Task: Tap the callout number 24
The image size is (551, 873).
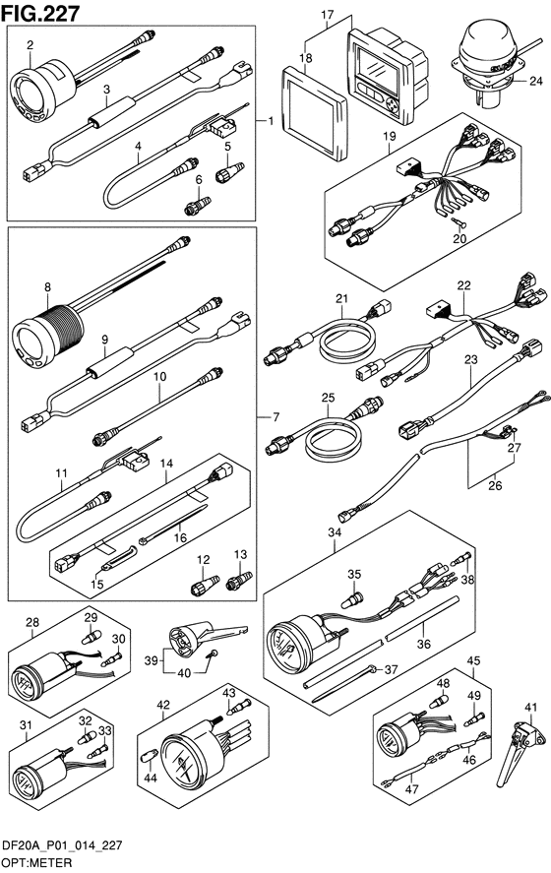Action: [x=535, y=82]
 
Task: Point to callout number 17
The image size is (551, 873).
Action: [x=327, y=14]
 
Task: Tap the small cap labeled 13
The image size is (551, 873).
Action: [x=239, y=580]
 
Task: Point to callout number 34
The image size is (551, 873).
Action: [x=334, y=532]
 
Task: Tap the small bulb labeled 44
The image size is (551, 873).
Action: [x=149, y=757]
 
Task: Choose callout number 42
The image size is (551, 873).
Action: [x=163, y=705]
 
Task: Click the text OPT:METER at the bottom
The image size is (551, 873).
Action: [x=36, y=863]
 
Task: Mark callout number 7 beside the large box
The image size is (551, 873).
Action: [x=275, y=417]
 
